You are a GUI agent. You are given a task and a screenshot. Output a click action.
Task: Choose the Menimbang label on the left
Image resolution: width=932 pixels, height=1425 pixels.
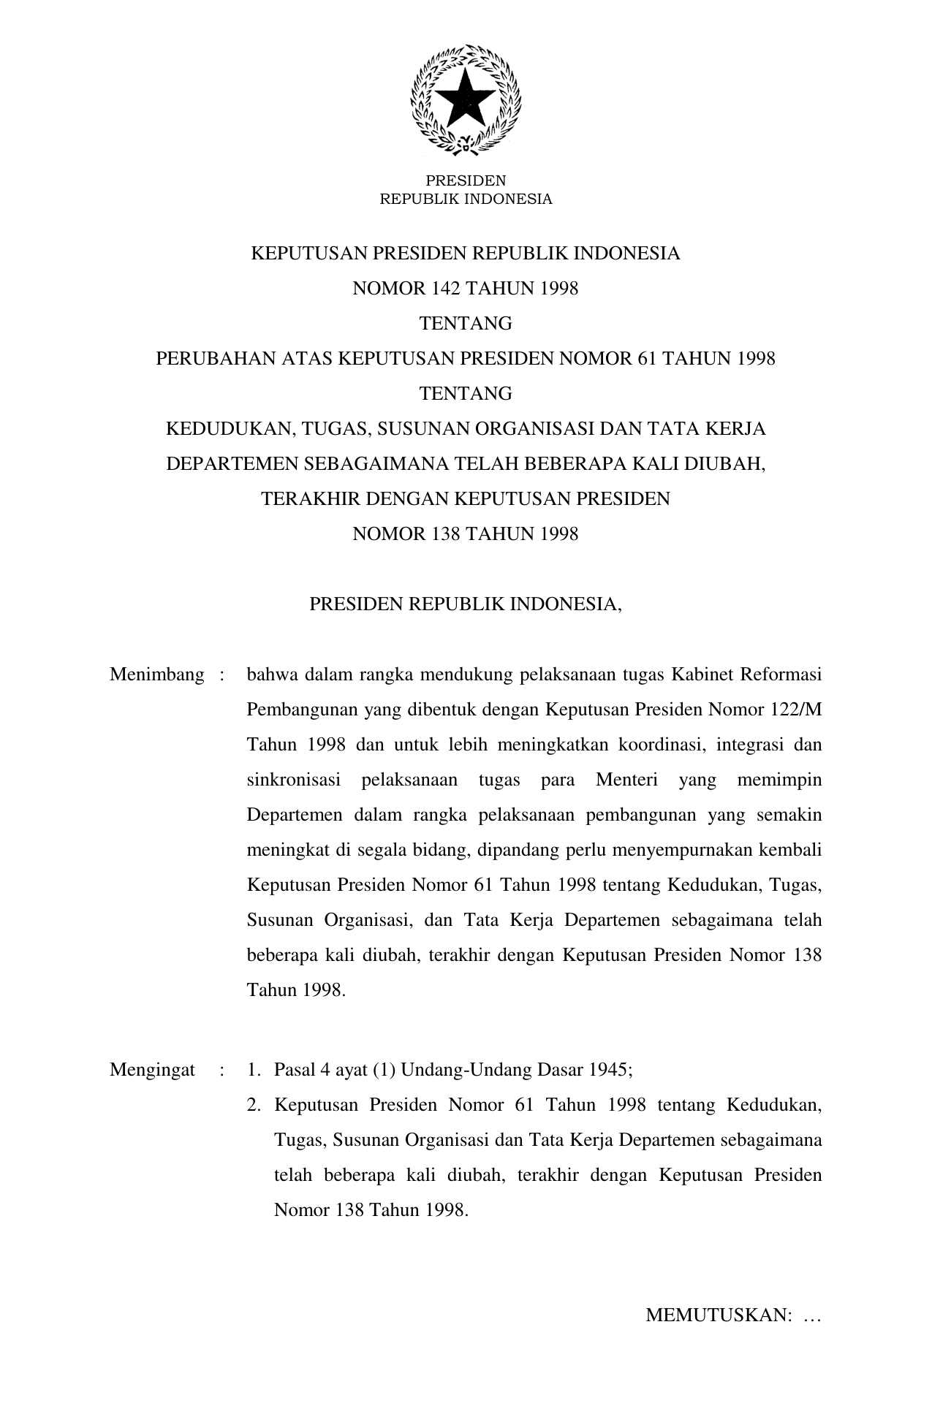pyautogui.click(x=156, y=674)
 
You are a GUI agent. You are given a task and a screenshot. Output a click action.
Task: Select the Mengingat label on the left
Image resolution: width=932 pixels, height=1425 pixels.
pyautogui.click(x=152, y=1071)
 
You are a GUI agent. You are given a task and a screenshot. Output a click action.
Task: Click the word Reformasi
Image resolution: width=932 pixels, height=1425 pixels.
pyautogui.click(x=781, y=674)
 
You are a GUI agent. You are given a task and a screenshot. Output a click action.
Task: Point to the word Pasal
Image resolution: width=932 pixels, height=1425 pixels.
pyautogui.click(x=293, y=1071)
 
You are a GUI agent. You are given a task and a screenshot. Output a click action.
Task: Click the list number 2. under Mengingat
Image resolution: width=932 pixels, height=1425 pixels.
pyautogui.click(x=254, y=1106)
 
